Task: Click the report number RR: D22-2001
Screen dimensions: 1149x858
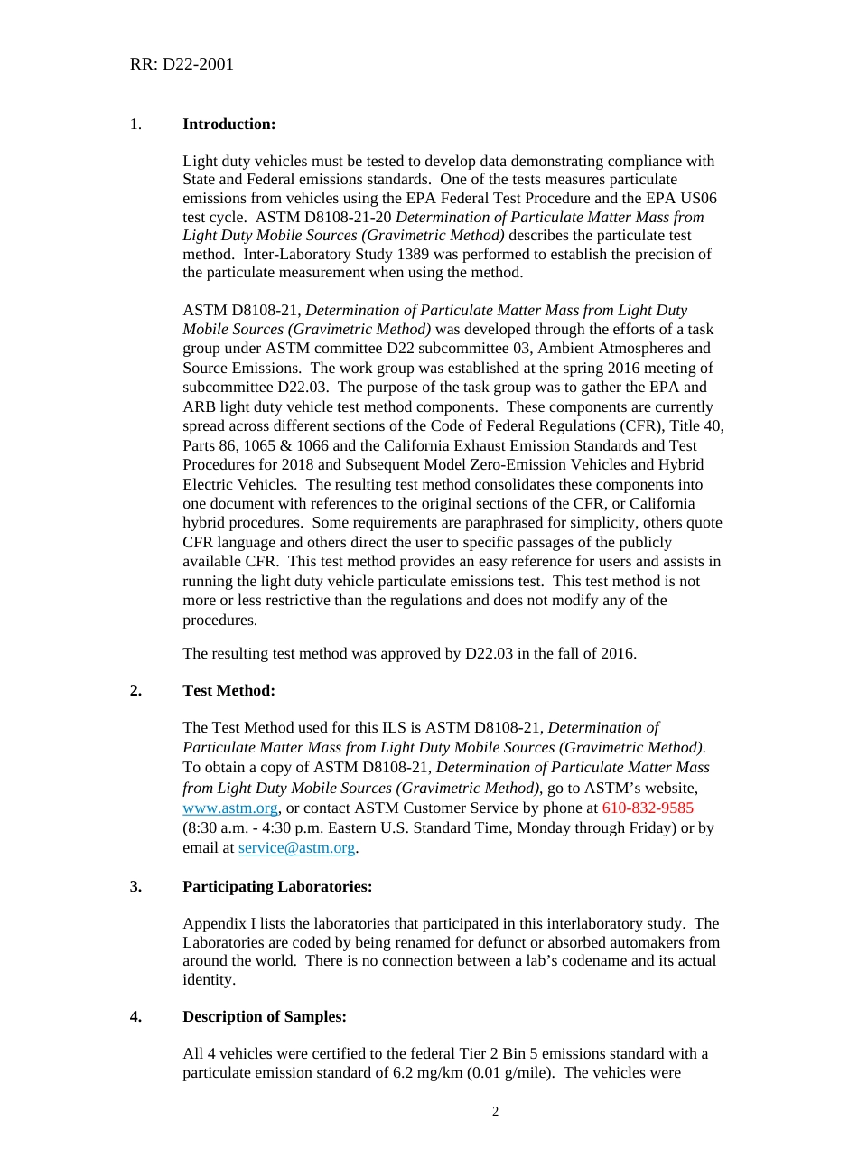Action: (x=182, y=64)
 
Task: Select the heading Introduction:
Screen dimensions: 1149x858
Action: (x=228, y=124)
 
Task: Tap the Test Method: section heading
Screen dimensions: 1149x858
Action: (x=228, y=690)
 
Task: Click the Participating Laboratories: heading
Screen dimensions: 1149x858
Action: (x=276, y=886)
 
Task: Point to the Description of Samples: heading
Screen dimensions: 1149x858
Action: (x=264, y=1016)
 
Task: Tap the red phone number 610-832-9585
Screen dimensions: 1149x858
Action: (x=648, y=808)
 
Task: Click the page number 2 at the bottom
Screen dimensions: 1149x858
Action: (x=495, y=1111)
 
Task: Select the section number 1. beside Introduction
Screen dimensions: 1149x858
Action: (x=135, y=124)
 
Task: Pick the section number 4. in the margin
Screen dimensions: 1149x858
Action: (x=135, y=1016)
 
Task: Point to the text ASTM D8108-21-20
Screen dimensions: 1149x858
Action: (x=324, y=217)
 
